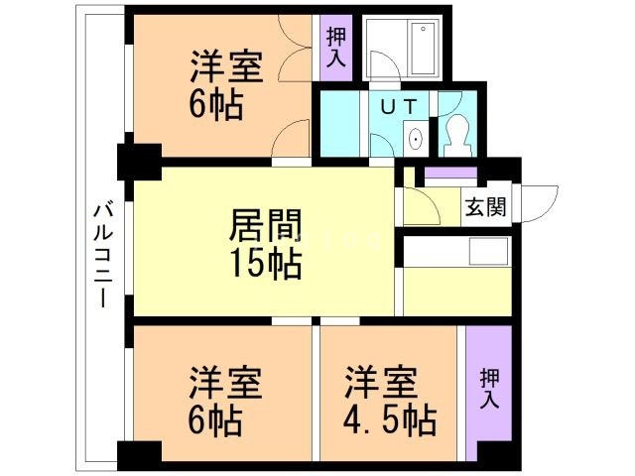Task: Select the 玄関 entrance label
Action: pos(486,207)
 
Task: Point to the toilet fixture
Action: pos(458,134)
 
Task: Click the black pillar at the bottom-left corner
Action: pos(139,455)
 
